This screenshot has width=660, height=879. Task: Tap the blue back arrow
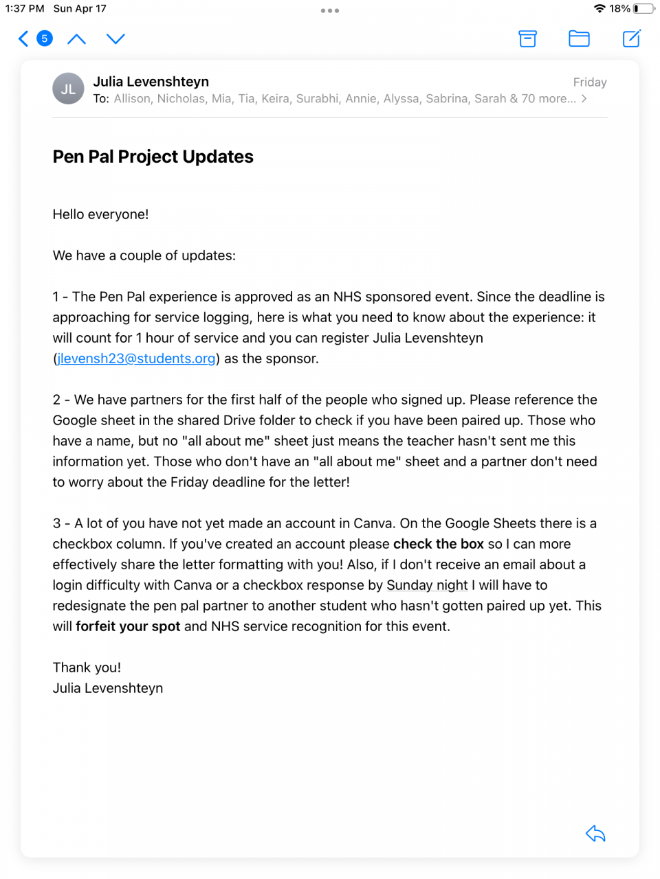(x=23, y=38)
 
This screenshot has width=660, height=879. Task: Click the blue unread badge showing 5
(x=45, y=38)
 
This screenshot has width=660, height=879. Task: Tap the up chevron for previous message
(x=76, y=38)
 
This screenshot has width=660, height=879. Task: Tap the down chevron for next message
(x=115, y=38)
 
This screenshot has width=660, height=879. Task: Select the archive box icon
(x=527, y=38)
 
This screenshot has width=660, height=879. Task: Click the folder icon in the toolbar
(x=579, y=38)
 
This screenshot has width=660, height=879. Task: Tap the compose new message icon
(x=631, y=38)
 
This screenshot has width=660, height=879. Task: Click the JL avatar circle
(x=68, y=89)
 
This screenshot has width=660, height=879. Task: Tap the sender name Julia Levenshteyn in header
(x=151, y=82)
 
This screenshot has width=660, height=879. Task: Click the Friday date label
(x=589, y=82)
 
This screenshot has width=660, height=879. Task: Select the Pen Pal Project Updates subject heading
(x=153, y=157)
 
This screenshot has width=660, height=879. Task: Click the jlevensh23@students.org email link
(x=137, y=358)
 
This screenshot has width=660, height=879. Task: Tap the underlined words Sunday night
(x=427, y=585)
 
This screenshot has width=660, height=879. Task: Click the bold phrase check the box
(x=439, y=544)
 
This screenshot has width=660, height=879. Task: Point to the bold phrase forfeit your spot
(x=128, y=626)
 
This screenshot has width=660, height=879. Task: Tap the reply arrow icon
(x=595, y=834)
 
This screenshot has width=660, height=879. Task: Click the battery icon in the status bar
(x=643, y=9)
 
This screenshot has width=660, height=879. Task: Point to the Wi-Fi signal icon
(x=599, y=9)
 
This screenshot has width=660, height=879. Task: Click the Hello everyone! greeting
(x=101, y=214)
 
